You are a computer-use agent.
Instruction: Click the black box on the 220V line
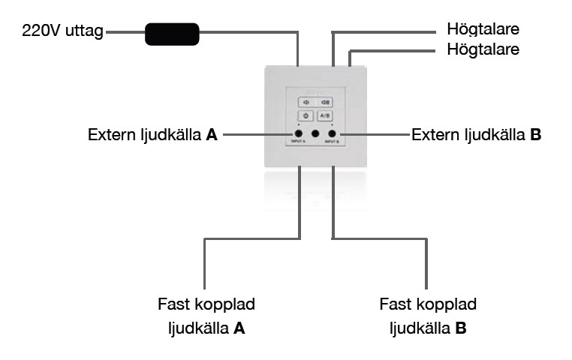click(x=171, y=34)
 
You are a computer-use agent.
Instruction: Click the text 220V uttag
click(x=62, y=32)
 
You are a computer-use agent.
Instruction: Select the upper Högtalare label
click(x=483, y=30)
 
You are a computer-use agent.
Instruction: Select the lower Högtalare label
click(x=483, y=50)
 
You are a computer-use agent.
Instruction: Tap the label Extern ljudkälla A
click(x=152, y=136)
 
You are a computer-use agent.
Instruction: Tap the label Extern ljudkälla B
click(x=476, y=136)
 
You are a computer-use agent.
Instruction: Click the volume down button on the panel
click(x=305, y=102)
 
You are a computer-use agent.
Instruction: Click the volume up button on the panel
click(x=326, y=102)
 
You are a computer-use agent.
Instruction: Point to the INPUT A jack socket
click(x=299, y=134)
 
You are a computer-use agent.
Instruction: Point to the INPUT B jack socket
click(x=332, y=134)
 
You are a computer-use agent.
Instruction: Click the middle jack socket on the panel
click(x=315, y=134)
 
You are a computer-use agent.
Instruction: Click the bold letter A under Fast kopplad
click(x=239, y=328)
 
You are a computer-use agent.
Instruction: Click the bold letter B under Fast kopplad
click(x=461, y=328)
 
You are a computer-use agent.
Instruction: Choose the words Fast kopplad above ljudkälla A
click(x=206, y=305)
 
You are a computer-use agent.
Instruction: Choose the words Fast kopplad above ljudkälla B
click(x=428, y=305)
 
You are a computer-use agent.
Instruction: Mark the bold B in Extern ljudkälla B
click(x=535, y=136)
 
